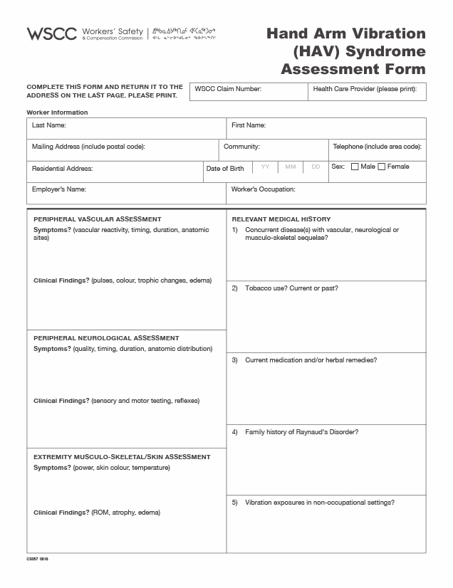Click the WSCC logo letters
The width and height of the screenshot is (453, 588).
pos(52,33)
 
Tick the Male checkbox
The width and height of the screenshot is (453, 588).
pos(354,167)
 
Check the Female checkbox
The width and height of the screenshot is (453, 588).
pos(381,167)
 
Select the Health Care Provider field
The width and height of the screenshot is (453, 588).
pos(367,92)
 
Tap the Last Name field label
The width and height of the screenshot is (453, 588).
pos(49,125)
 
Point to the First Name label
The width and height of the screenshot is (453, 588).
pos(249,125)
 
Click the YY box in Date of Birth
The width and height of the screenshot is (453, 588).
pos(265,167)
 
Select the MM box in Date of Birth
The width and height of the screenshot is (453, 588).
pos(290,167)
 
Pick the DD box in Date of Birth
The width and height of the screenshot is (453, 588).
pos(315,167)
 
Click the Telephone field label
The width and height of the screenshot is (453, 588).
pos(377,147)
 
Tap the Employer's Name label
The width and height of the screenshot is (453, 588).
pos(59,189)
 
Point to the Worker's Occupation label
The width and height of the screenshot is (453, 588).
pos(263,189)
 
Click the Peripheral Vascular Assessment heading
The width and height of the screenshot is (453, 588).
pos(98,219)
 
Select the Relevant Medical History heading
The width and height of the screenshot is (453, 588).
pos(281,219)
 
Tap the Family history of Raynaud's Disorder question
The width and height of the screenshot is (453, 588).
pos(301,432)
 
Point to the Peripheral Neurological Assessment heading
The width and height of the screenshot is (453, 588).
pos(106,338)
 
